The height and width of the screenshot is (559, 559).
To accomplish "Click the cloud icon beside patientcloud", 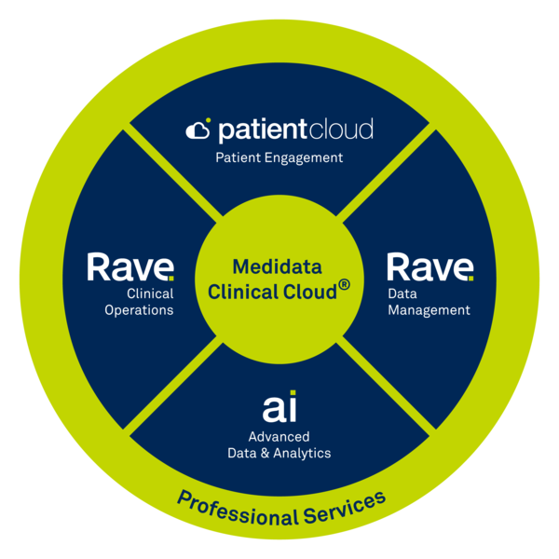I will [x=198, y=130].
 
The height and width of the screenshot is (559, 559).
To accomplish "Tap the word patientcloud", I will [x=294, y=129].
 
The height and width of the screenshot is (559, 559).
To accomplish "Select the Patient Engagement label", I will [x=279, y=157].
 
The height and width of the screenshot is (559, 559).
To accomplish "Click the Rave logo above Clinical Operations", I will [x=130, y=267].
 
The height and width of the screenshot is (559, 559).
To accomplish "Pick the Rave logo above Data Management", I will [x=429, y=267].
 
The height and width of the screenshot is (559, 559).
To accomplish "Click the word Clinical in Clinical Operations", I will [x=151, y=293].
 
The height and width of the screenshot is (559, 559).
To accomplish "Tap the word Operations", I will [x=141, y=310].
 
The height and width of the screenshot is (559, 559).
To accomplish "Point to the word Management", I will [x=429, y=310].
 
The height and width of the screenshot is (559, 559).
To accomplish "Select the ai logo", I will [x=279, y=406].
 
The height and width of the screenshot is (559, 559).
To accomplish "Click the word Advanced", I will [x=279, y=436].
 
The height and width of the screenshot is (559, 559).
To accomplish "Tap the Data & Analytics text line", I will [x=279, y=453].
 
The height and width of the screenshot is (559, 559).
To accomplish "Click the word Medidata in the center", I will [x=277, y=267].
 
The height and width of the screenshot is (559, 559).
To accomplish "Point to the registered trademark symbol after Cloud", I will [x=344, y=286].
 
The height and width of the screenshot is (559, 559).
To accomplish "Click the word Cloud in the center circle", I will [x=308, y=291].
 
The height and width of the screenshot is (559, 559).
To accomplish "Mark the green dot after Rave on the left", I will [x=170, y=277].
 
